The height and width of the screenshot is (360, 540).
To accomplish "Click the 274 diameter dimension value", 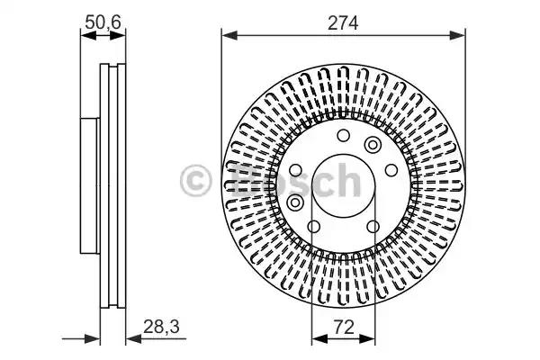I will pos(343,24).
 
